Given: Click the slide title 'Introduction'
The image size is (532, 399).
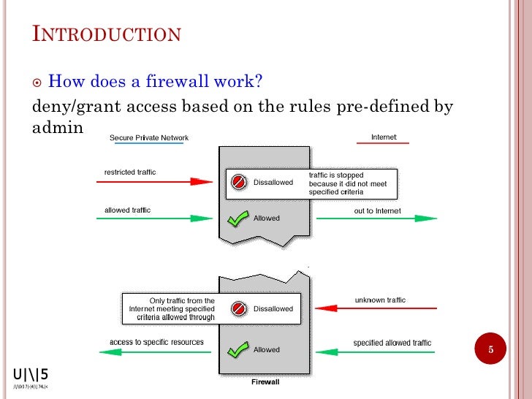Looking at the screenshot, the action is click(x=107, y=34).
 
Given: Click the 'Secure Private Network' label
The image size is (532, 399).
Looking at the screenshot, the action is click(x=149, y=137).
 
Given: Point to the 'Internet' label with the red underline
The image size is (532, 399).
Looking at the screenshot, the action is click(x=384, y=137).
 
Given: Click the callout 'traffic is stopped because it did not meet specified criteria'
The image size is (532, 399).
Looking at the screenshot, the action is click(x=351, y=184).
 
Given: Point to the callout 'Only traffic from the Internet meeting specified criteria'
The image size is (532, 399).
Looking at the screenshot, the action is click(x=172, y=309).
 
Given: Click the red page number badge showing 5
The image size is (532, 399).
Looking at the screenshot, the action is click(x=491, y=350).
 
